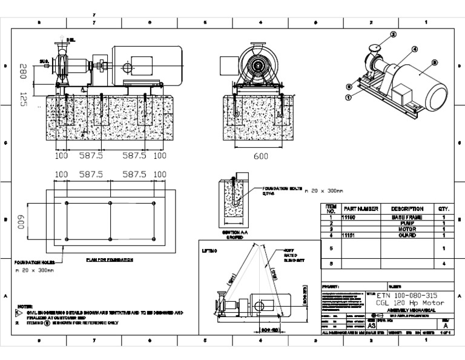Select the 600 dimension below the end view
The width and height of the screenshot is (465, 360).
point(260,156)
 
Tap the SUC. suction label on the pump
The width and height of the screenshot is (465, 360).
point(44,62)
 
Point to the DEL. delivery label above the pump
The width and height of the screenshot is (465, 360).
point(71,40)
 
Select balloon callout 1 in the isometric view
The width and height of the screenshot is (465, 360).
point(349,96)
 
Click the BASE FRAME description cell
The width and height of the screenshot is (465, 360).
point(406,217)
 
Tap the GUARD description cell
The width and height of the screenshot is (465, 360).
point(406,235)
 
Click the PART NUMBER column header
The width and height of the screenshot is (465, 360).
point(360,208)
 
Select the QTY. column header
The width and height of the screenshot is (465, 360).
point(443,208)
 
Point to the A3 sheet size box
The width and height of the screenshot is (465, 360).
point(355,324)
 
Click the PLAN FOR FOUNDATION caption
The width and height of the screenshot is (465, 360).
point(110,259)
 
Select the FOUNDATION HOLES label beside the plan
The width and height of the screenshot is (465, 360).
point(35,262)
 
